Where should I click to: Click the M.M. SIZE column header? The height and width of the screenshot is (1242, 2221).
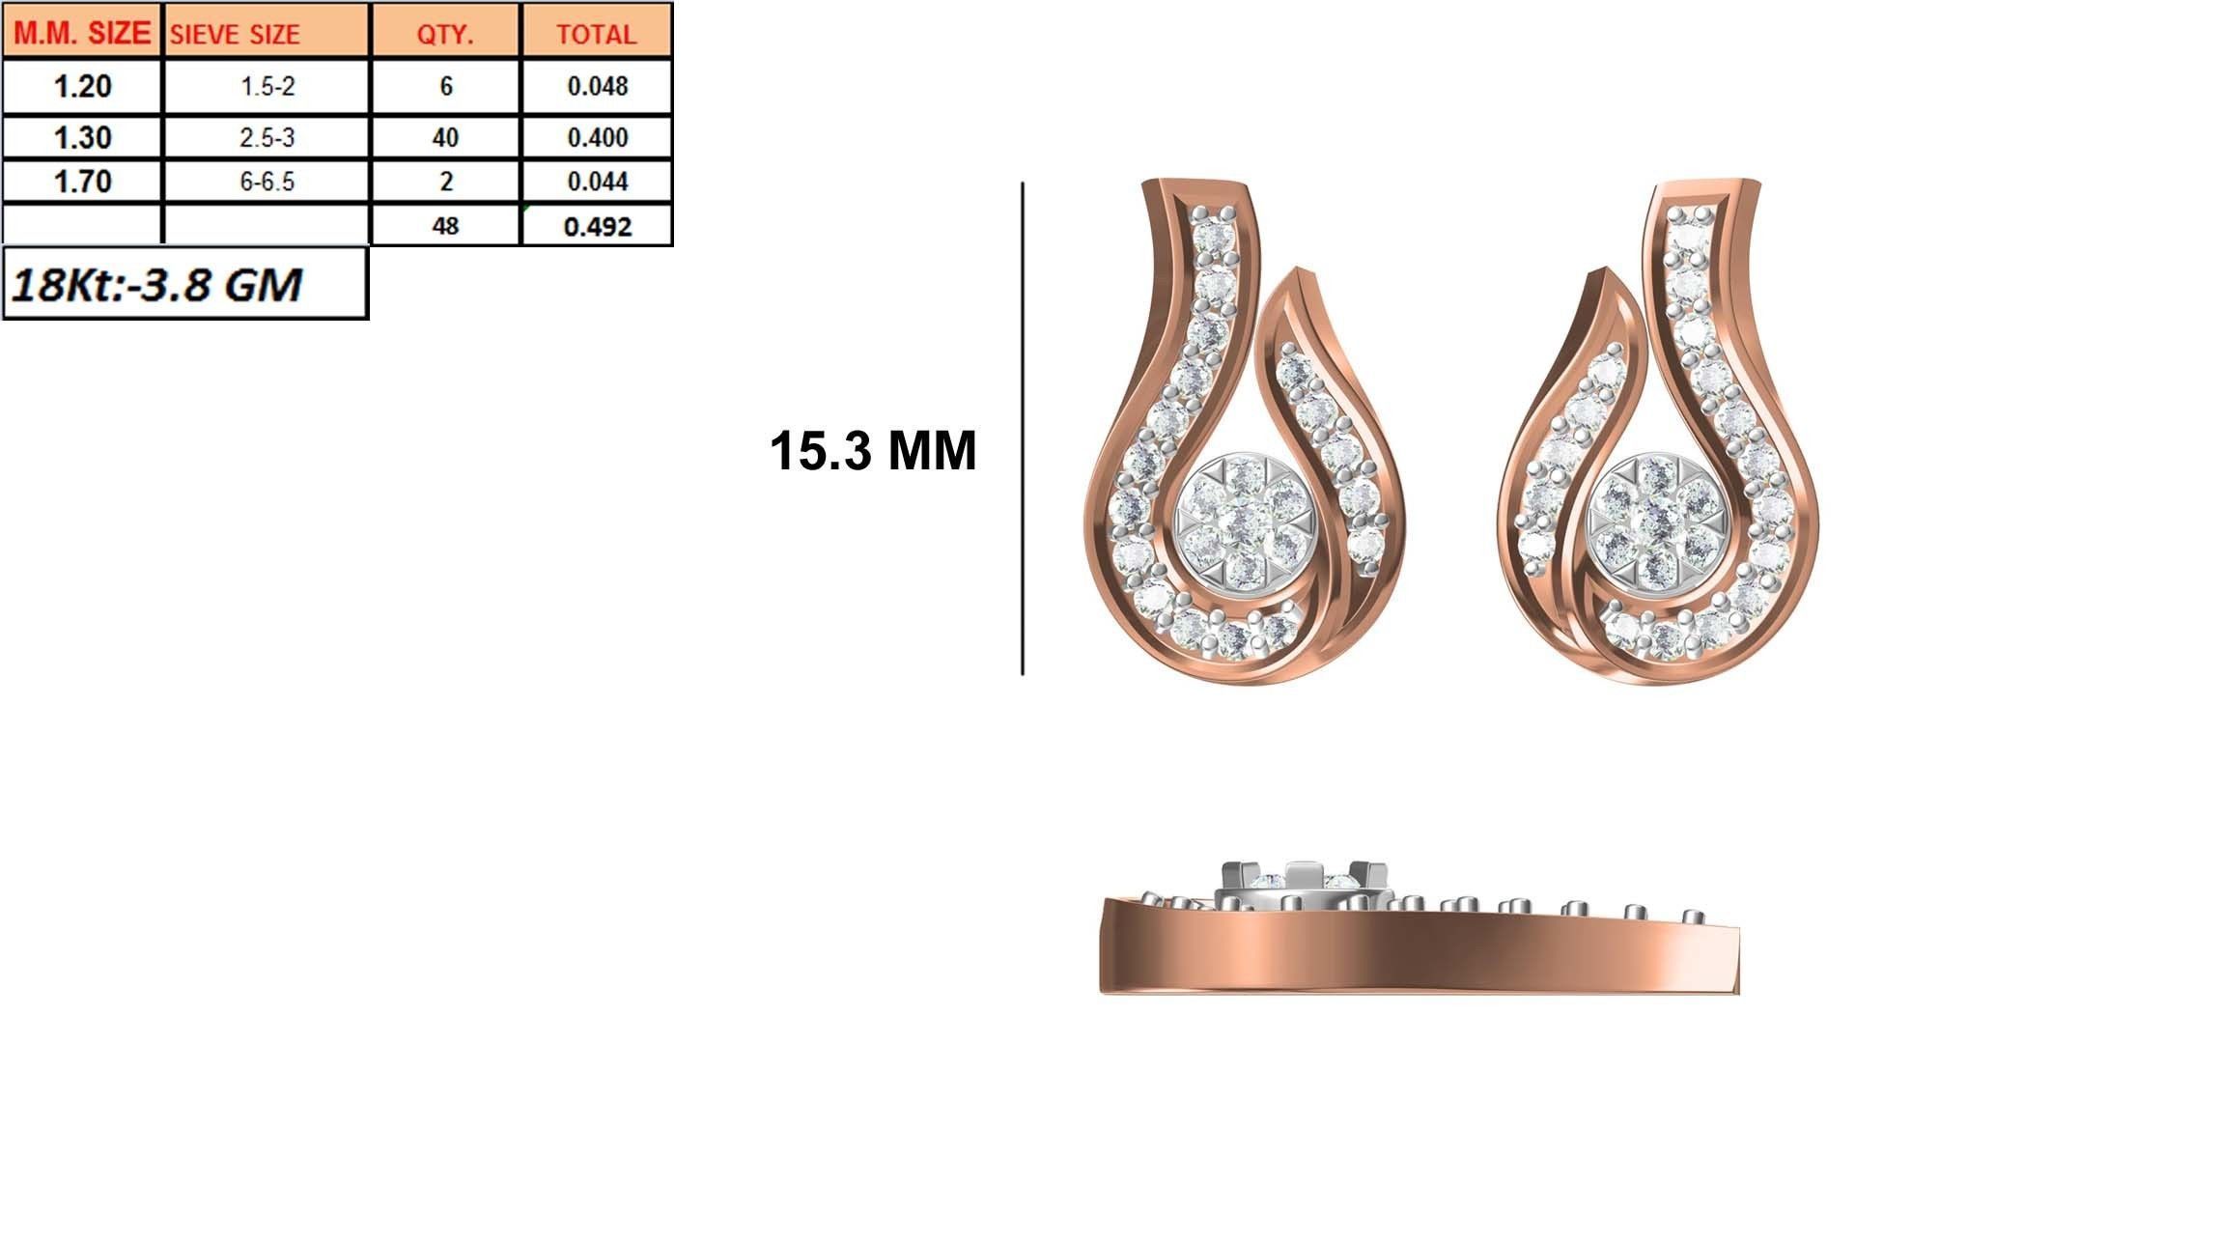tap(82, 34)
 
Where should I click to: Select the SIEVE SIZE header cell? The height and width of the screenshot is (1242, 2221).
tap(236, 35)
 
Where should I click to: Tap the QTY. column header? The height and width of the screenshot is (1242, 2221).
tap(445, 35)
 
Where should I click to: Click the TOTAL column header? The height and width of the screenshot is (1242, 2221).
tap(596, 35)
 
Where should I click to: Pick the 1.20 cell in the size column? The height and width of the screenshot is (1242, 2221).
tap(82, 87)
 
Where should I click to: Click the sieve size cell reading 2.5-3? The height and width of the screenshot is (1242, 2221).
tap(267, 137)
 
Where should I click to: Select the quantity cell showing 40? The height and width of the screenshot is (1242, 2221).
tap(445, 137)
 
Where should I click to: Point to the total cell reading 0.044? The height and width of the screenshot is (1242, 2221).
tap(597, 182)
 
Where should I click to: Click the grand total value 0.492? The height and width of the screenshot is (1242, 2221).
tap(597, 227)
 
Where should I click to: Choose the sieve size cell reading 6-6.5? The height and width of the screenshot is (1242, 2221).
tap(267, 182)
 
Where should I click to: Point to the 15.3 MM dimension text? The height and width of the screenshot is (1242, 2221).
tap(873, 451)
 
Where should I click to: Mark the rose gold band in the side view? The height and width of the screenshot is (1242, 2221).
tap(1420, 956)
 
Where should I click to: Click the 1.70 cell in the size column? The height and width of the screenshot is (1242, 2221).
tap(82, 182)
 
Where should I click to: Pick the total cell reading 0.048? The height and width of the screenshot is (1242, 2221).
tap(597, 87)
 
